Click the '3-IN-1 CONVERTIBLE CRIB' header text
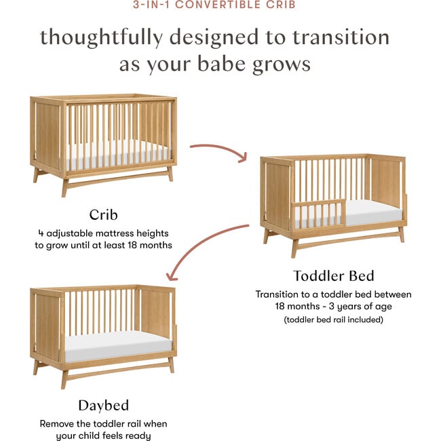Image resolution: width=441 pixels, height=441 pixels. click(x=220, y=5)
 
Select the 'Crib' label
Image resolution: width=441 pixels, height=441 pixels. click(x=103, y=215)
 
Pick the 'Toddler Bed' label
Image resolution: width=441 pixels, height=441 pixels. click(x=333, y=275)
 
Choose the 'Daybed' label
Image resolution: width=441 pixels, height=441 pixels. click(x=103, y=406)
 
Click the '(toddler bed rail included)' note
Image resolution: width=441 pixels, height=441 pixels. click(x=333, y=320)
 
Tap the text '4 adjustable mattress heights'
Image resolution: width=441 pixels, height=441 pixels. click(x=103, y=232)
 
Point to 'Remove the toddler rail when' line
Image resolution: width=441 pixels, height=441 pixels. click(x=103, y=423)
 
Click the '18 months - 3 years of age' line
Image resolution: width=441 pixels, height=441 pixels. click(x=333, y=307)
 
